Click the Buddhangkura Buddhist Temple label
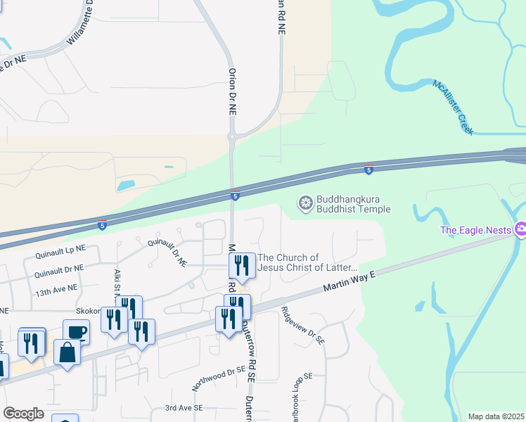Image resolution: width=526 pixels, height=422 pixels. tap(353, 204)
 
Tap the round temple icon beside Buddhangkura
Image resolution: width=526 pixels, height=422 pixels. tap(306, 204)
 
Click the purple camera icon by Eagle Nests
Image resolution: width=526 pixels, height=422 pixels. tap(520, 229)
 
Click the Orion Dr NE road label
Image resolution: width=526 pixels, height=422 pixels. tap(231, 92)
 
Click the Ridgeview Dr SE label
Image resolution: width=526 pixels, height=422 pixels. tap(303, 324)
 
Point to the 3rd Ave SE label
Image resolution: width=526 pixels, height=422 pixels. tap(184, 408)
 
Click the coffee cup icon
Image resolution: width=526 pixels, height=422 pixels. tap(76, 331)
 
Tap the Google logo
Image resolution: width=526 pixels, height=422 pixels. tap(23, 414)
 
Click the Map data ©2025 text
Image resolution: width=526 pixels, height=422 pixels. tap(495, 416)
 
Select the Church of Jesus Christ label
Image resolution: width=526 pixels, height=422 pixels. tap(308, 262)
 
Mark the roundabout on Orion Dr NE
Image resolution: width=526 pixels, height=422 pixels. tap(231, 136)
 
